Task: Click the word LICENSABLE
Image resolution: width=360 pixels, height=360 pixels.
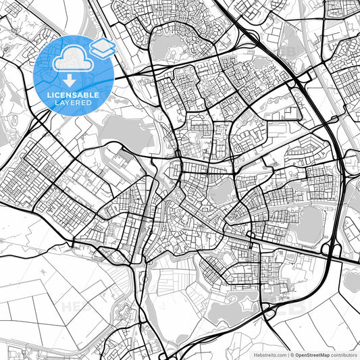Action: (x=74, y=95)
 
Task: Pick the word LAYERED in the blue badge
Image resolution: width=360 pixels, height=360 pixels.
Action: (x=74, y=104)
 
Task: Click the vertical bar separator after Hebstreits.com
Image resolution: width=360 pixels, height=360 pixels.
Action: (x=288, y=354)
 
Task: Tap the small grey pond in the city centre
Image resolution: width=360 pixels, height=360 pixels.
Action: (x=222, y=194)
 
